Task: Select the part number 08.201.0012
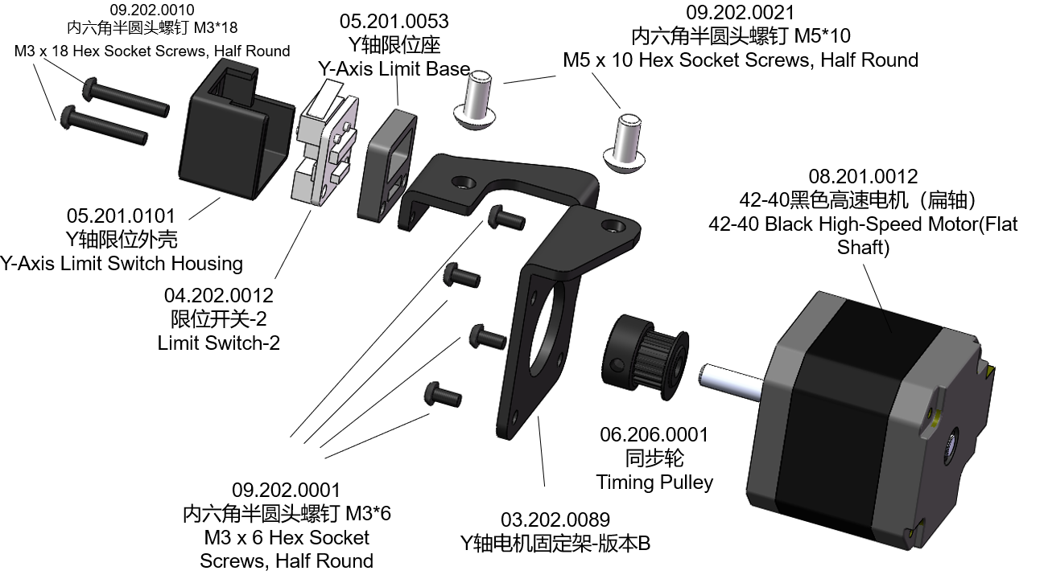pyautogui.click(x=863, y=176)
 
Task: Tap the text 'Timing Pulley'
pyautogui.click(x=654, y=482)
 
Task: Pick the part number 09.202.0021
pyautogui.click(x=740, y=13)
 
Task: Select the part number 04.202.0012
pyautogui.click(x=219, y=296)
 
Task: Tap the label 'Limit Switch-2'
pyautogui.click(x=219, y=343)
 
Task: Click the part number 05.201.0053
pyautogui.click(x=394, y=21)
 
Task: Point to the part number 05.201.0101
pyautogui.click(x=121, y=216)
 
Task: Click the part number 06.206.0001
pyautogui.click(x=654, y=435)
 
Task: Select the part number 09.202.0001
pyautogui.click(x=287, y=490)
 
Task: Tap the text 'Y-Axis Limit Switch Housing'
pyautogui.click(x=121, y=263)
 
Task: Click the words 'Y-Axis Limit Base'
pyautogui.click(x=394, y=68)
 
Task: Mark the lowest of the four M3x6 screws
pyautogui.click(x=441, y=395)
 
